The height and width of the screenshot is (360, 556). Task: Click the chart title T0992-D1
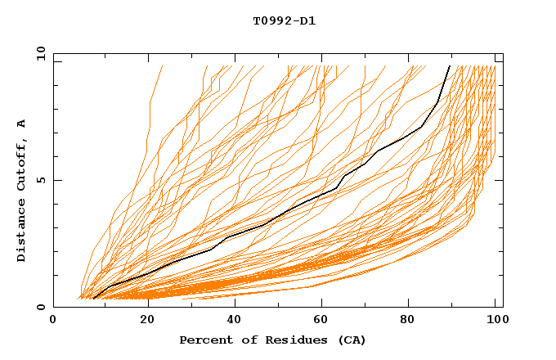click(284, 20)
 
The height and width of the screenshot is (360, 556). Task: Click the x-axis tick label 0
click(53, 320)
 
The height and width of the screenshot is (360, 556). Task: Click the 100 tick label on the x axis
click(495, 320)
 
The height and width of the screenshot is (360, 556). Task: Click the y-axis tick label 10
click(39, 53)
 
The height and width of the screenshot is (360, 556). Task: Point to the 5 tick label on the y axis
click(43, 180)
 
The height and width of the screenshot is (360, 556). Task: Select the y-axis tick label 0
click(43, 307)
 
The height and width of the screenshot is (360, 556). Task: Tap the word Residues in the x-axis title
click(280, 340)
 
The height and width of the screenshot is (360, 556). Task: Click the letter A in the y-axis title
click(22, 124)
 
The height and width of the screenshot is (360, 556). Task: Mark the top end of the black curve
click(450, 65)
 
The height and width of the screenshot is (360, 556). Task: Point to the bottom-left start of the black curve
click(94, 299)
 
